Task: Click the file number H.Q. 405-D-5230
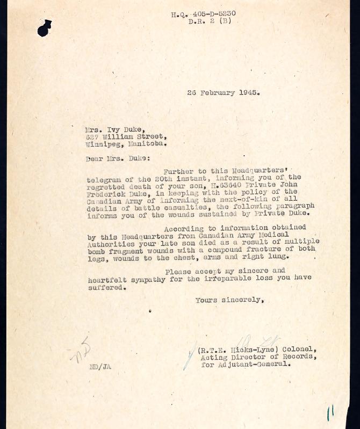pyautogui.click(x=203, y=14)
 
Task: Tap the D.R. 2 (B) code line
pyautogui.click(x=211, y=22)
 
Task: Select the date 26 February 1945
pyautogui.click(x=223, y=92)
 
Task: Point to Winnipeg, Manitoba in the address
pyautogui.click(x=125, y=144)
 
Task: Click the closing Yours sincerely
pyautogui.click(x=229, y=300)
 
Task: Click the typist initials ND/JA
pyautogui.click(x=100, y=367)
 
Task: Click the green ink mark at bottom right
pyautogui.click(x=330, y=412)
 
